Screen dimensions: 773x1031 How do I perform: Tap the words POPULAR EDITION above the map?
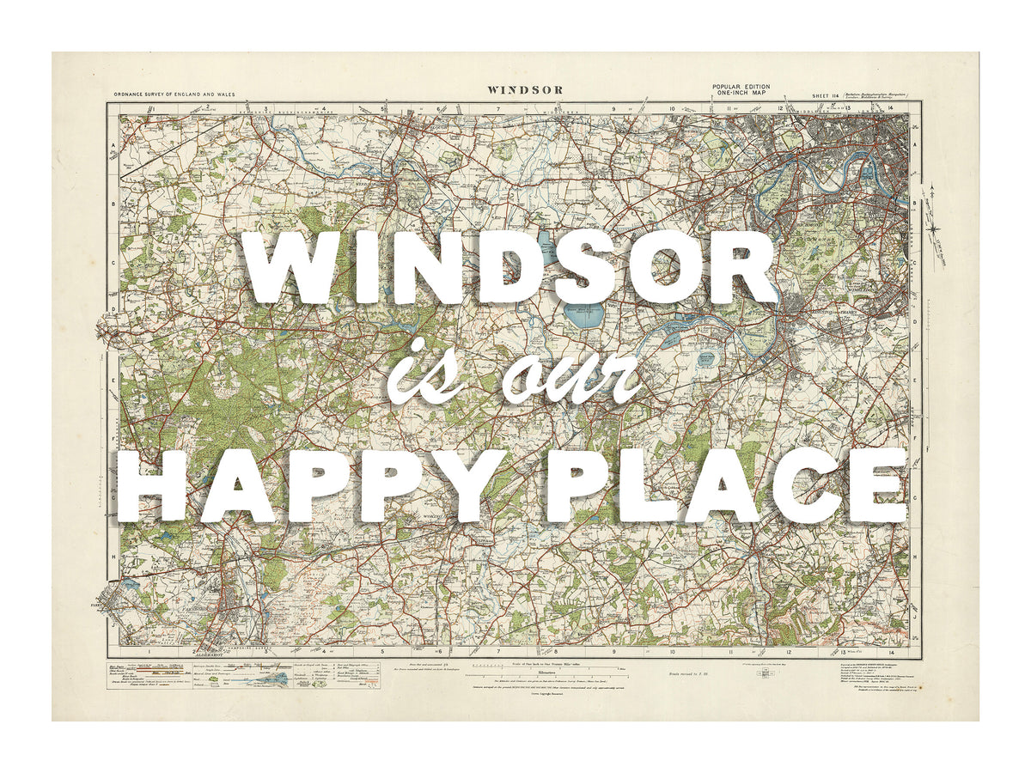coord(741,87)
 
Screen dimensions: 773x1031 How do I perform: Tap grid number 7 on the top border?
coord(497,109)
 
